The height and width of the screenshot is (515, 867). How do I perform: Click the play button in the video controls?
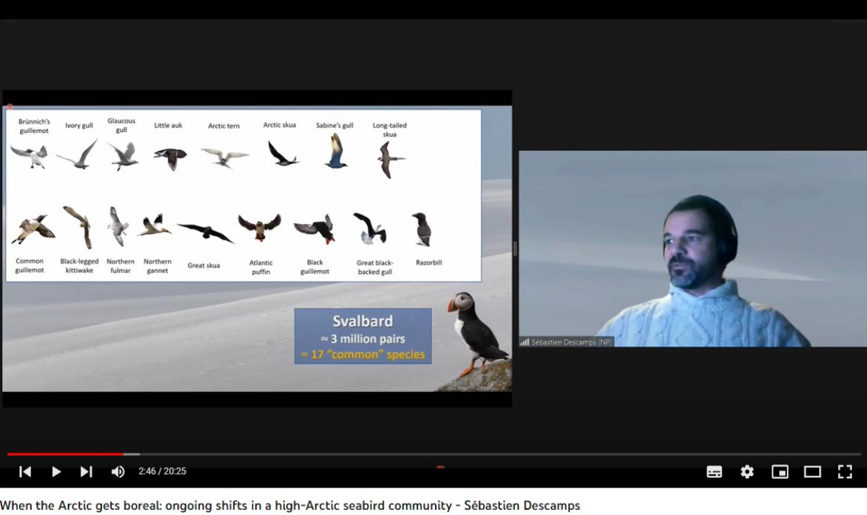coord(56,472)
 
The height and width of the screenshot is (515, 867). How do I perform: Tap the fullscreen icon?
coord(845,472)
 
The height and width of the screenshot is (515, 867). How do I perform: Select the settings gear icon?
coord(747,472)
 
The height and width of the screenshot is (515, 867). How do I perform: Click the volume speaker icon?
coord(118,472)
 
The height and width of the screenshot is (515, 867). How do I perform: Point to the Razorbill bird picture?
coord(422,229)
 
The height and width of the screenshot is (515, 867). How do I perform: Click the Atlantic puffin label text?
coord(261,267)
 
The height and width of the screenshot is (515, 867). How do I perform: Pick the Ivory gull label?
coord(79,126)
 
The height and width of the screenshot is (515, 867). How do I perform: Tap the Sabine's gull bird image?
coord(335,151)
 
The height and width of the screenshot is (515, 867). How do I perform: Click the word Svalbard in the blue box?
coord(363,321)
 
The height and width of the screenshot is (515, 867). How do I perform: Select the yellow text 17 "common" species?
coord(363,355)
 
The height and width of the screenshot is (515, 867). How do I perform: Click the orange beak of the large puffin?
coord(452,306)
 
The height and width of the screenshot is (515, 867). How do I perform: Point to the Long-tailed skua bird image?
coord(390,160)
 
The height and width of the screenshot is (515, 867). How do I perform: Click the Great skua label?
coord(204,265)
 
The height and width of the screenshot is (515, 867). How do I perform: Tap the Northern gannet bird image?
coord(154,225)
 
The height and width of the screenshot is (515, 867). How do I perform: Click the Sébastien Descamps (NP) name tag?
coord(566,342)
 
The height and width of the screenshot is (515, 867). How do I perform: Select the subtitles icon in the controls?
coord(714,472)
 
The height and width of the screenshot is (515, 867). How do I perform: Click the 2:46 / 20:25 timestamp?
coord(162,471)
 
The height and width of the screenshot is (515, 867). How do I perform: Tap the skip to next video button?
coord(86,472)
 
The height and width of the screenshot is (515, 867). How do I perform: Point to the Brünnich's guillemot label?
coord(34,126)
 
